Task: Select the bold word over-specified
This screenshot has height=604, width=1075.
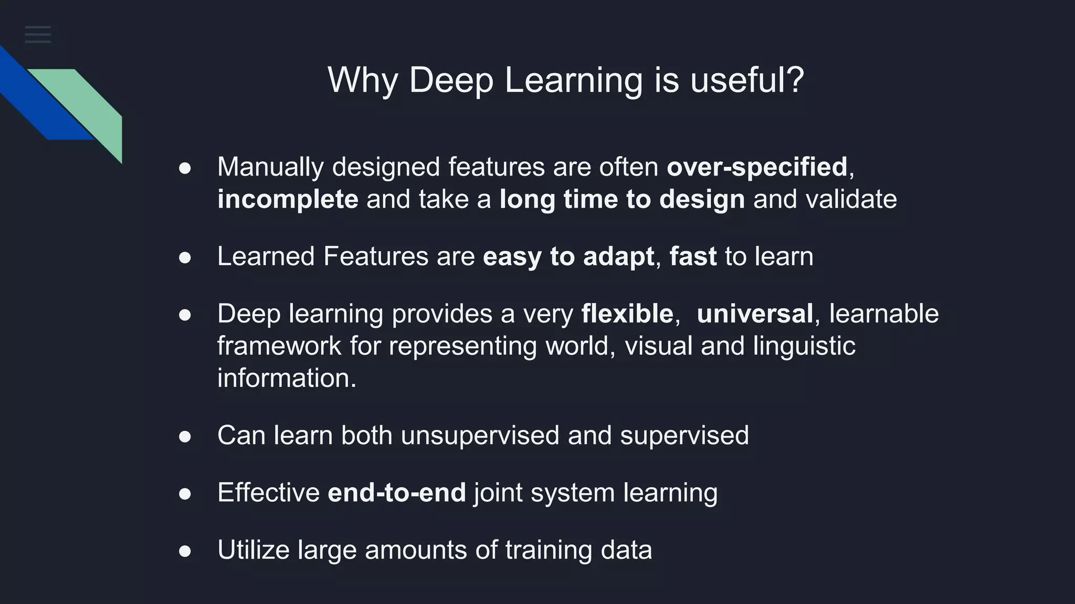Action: pyautogui.click(x=757, y=167)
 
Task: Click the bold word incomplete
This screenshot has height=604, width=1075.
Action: pyautogui.click(x=288, y=200)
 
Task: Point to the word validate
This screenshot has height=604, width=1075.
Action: pyautogui.click(x=851, y=200)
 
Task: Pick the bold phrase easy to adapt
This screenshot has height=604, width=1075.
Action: pyautogui.click(x=568, y=257)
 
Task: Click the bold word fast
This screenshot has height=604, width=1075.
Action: pyautogui.click(x=693, y=257)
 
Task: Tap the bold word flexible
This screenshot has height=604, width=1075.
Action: pyautogui.click(x=627, y=314)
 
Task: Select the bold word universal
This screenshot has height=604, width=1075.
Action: pyautogui.click(x=755, y=314)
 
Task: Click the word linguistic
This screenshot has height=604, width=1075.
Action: pyautogui.click(x=804, y=347)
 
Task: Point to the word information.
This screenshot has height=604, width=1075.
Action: pyautogui.click(x=287, y=378)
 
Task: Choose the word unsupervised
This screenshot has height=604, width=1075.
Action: pyautogui.click(x=480, y=436)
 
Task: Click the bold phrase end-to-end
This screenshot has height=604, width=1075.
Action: pyautogui.click(x=397, y=493)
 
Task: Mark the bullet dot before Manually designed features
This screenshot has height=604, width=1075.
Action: pyautogui.click(x=185, y=168)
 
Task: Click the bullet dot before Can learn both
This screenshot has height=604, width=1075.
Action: pyautogui.click(x=185, y=437)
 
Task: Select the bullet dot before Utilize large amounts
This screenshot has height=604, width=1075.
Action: pyautogui.click(x=185, y=551)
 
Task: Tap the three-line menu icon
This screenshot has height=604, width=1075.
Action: pyautogui.click(x=38, y=35)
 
